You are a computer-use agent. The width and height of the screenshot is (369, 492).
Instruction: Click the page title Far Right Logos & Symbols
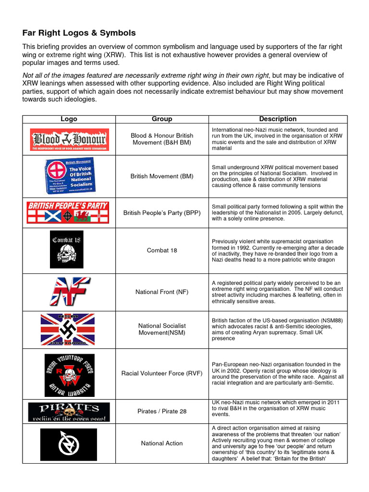click(79, 33)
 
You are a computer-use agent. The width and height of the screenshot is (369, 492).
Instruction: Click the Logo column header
click(69, 119)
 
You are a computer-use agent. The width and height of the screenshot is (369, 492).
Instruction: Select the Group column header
click(162, 119)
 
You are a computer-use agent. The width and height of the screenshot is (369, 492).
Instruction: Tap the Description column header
click(278, 119)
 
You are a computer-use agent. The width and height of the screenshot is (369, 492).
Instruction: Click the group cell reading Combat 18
click(162, 250)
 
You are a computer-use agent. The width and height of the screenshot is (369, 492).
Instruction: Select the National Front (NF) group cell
click(162, 292)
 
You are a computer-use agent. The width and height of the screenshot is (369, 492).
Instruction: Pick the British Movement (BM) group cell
click(162, 176)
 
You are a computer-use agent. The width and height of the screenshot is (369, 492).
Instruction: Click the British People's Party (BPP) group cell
click(162, 213)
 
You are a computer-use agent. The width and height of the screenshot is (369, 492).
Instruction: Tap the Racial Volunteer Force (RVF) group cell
click(162, 373)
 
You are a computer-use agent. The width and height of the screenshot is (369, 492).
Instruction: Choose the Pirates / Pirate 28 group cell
click(162, 411)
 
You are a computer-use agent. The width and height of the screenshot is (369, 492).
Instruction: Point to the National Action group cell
click(162, 443)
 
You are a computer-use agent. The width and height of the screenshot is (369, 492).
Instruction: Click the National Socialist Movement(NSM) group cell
click(162, 329)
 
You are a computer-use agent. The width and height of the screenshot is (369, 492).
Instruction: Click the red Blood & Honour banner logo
click(69, 139)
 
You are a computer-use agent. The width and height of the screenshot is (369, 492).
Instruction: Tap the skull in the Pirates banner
click(69, 413)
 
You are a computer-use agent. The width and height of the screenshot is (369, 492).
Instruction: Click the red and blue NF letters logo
click(69, 291)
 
